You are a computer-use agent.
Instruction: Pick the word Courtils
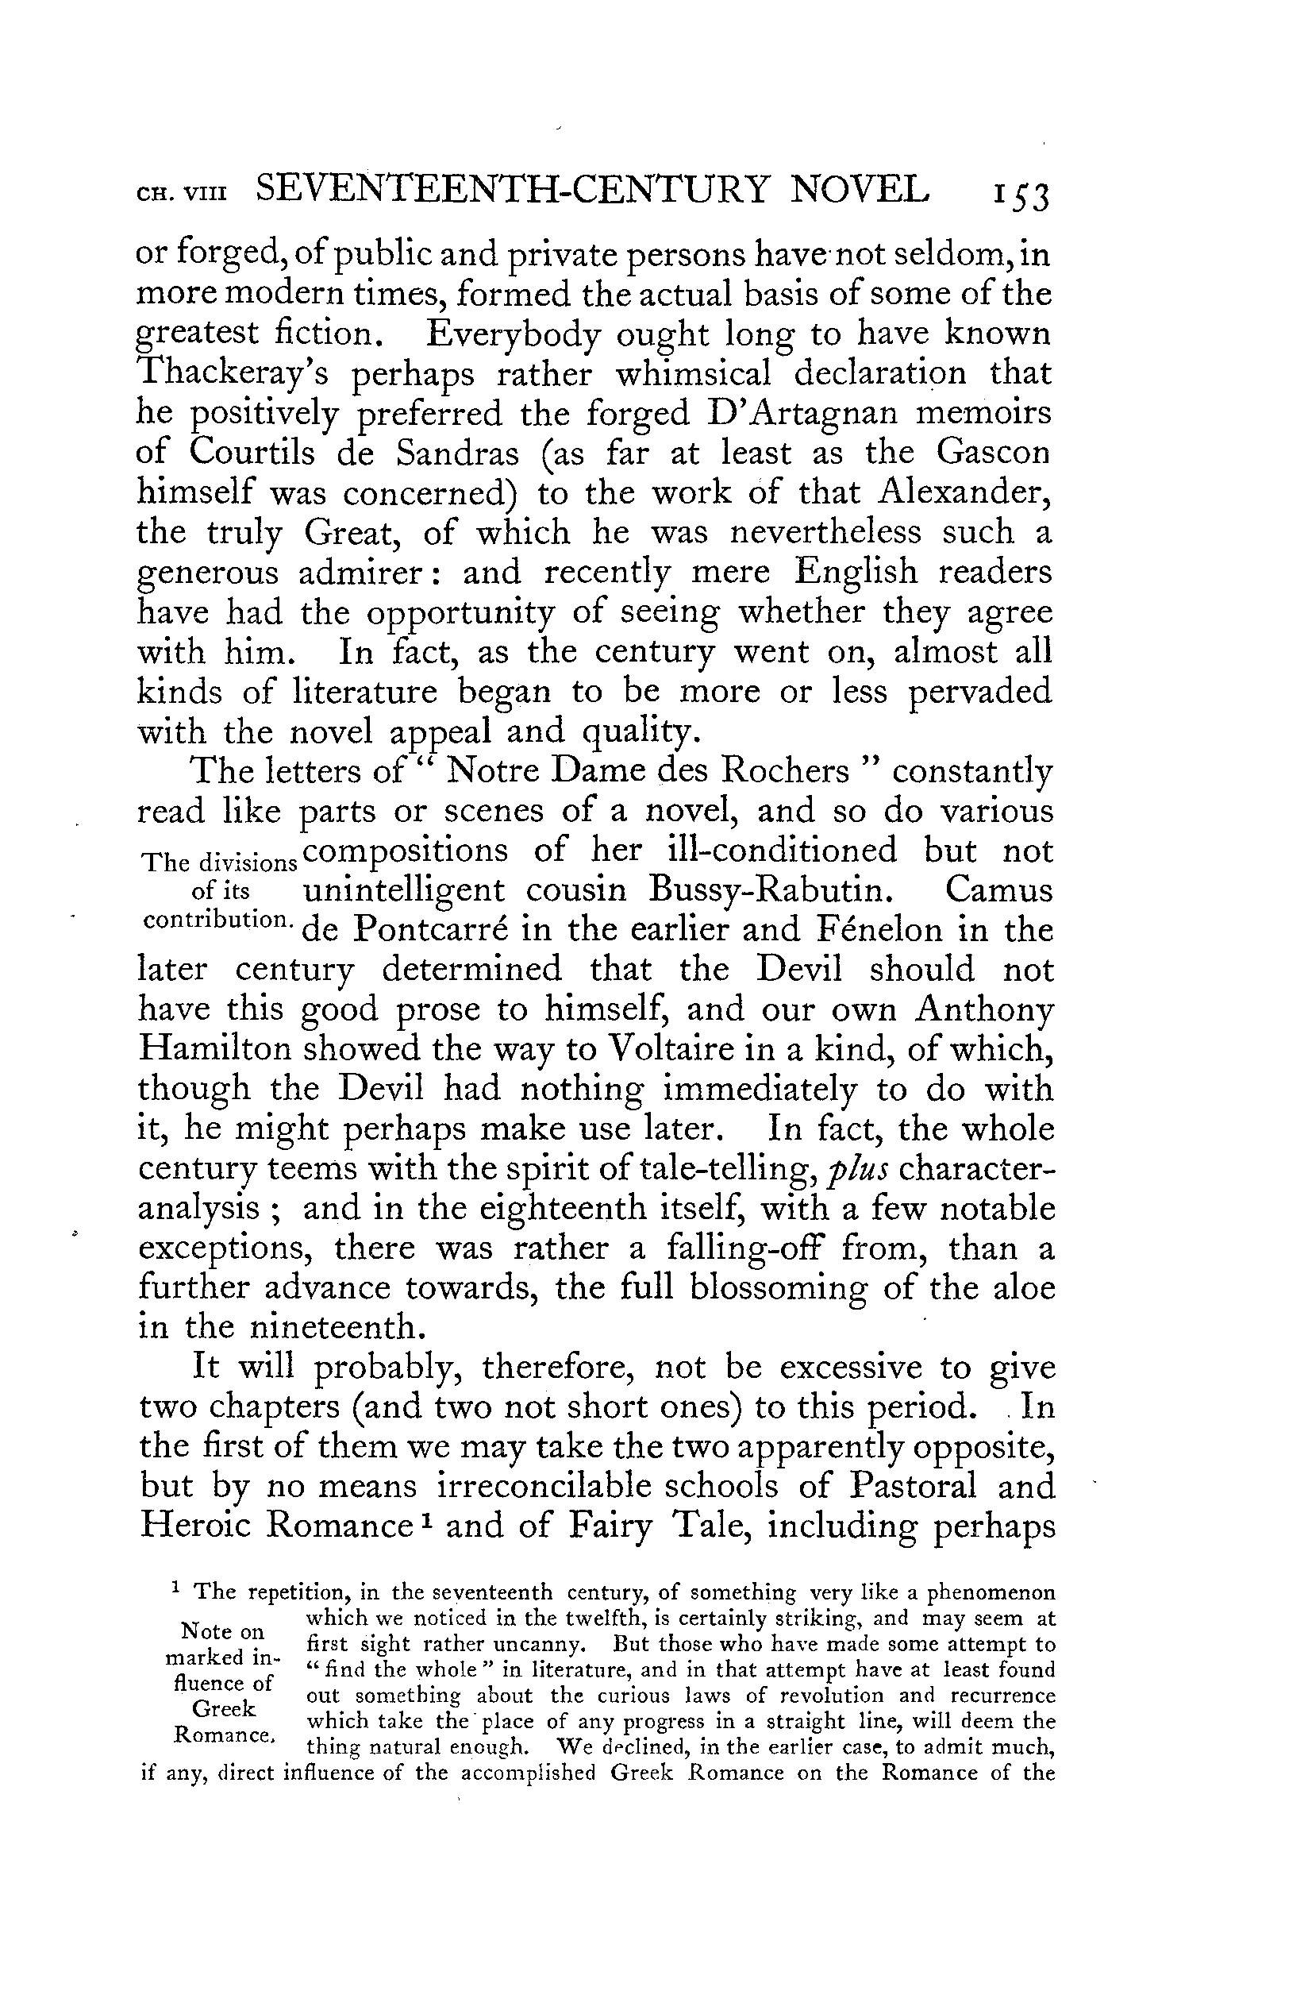click(x=252, y=453)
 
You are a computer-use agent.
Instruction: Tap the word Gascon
click(x=993, y=453)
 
